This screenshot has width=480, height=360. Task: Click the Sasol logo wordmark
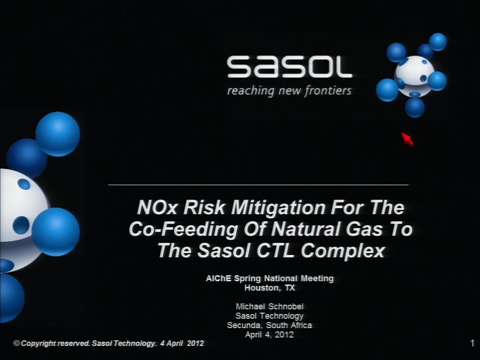coord(289,67)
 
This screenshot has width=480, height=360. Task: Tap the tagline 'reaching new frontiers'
coord(289,91)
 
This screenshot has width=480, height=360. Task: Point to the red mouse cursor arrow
coord(407,139)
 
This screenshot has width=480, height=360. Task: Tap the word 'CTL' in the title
coord(277,250)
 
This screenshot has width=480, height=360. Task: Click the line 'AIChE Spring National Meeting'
coord(270,278)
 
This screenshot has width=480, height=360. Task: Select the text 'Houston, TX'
coord(270,288)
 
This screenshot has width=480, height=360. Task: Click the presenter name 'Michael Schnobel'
coord(270,307)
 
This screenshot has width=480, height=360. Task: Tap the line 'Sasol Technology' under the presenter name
coord(270,316)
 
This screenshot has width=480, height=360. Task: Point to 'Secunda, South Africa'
coord(270,325)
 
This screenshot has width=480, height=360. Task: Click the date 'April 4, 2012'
coord(270,335)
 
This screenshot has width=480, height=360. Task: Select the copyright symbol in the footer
coord(16,343)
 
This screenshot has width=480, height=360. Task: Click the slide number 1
coord(472,343)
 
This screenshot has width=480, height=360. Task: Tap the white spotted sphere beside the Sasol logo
coord(414,75)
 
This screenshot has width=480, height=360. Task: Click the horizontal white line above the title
coord(258,185)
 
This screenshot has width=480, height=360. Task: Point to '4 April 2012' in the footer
coord(182,343)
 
